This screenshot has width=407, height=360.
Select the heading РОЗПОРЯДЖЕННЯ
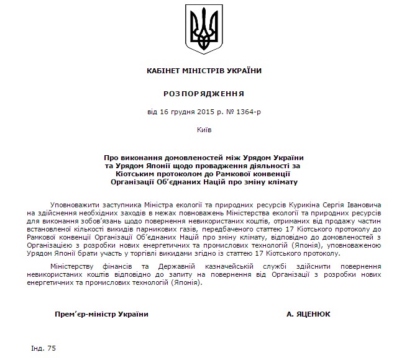203,93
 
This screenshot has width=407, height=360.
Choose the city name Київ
203,132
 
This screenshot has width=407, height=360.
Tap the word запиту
193,276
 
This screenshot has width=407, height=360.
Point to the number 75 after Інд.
51,348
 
